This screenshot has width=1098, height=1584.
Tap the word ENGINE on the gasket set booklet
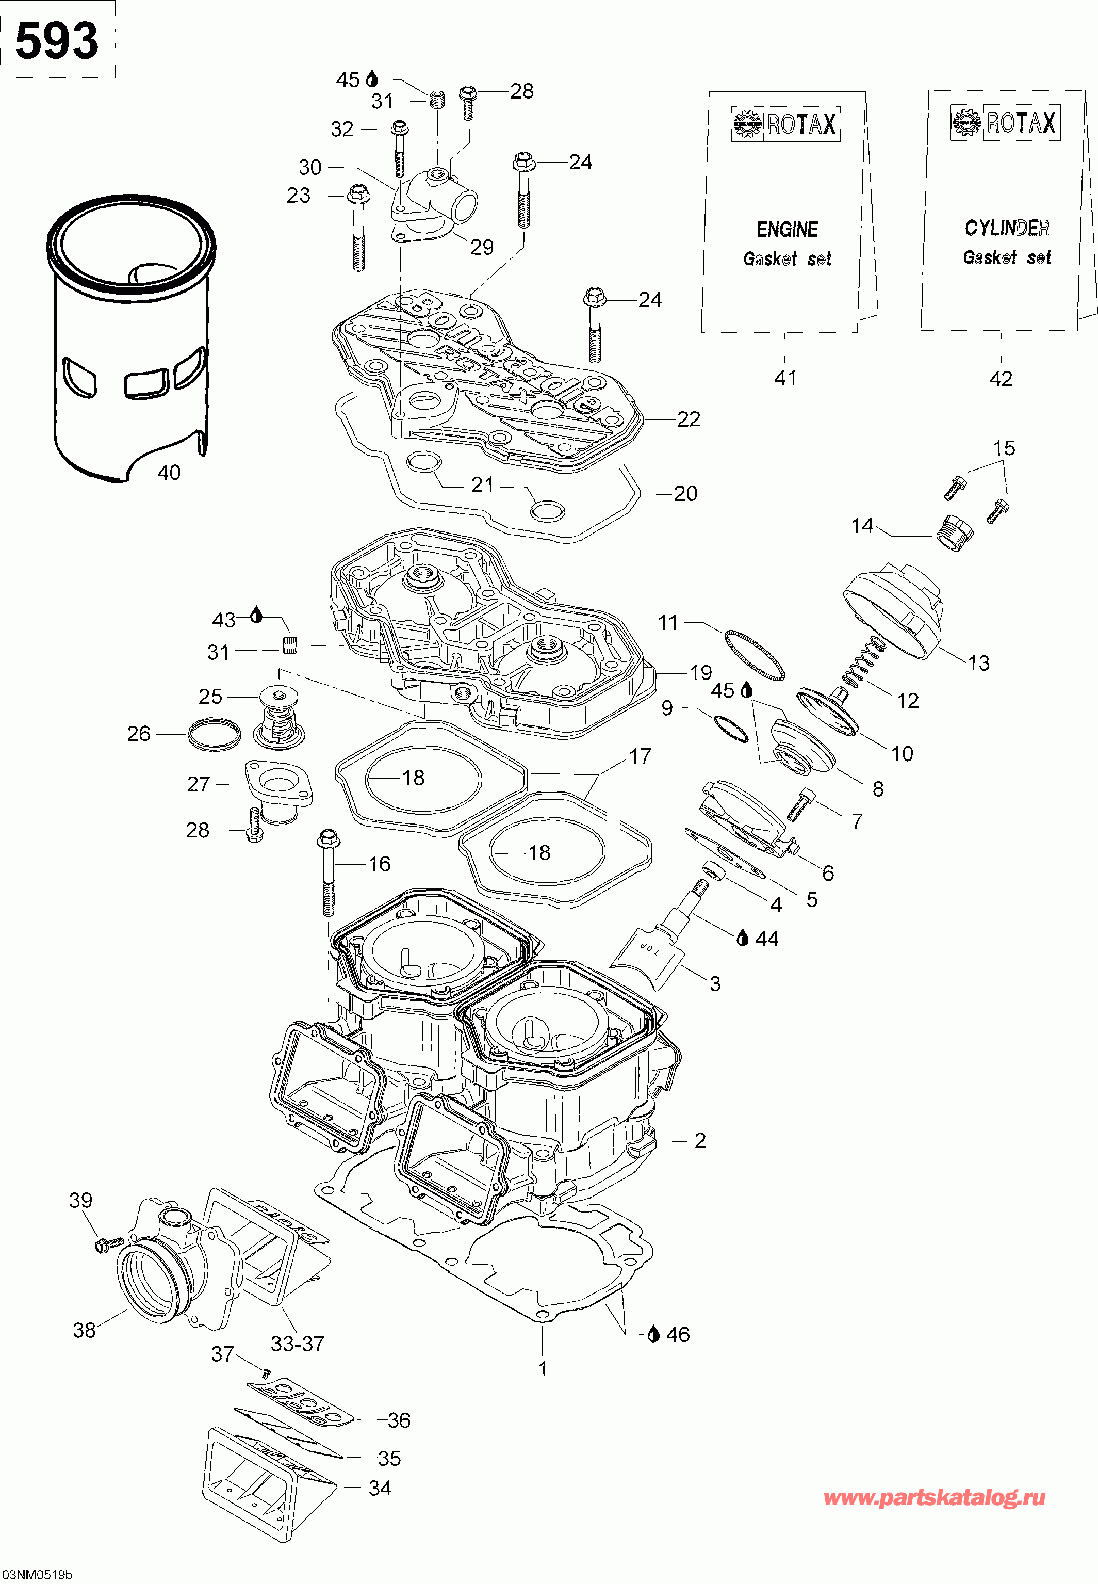click(x=787, y=229)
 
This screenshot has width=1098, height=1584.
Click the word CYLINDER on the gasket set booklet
click(x=1007, y=228)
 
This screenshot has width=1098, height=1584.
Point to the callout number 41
click(x=785, y=378)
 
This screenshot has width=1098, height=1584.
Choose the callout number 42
click(x=1001, y=378)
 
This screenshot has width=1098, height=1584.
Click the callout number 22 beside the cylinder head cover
click(x=688, y=419)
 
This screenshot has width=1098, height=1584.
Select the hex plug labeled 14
click(x=955, y=531)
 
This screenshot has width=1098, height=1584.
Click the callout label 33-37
click(x=297, y=1343)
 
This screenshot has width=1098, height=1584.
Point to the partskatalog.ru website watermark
click(x=935, y=1498)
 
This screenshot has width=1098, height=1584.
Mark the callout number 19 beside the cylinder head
click(x=700, y=672)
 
